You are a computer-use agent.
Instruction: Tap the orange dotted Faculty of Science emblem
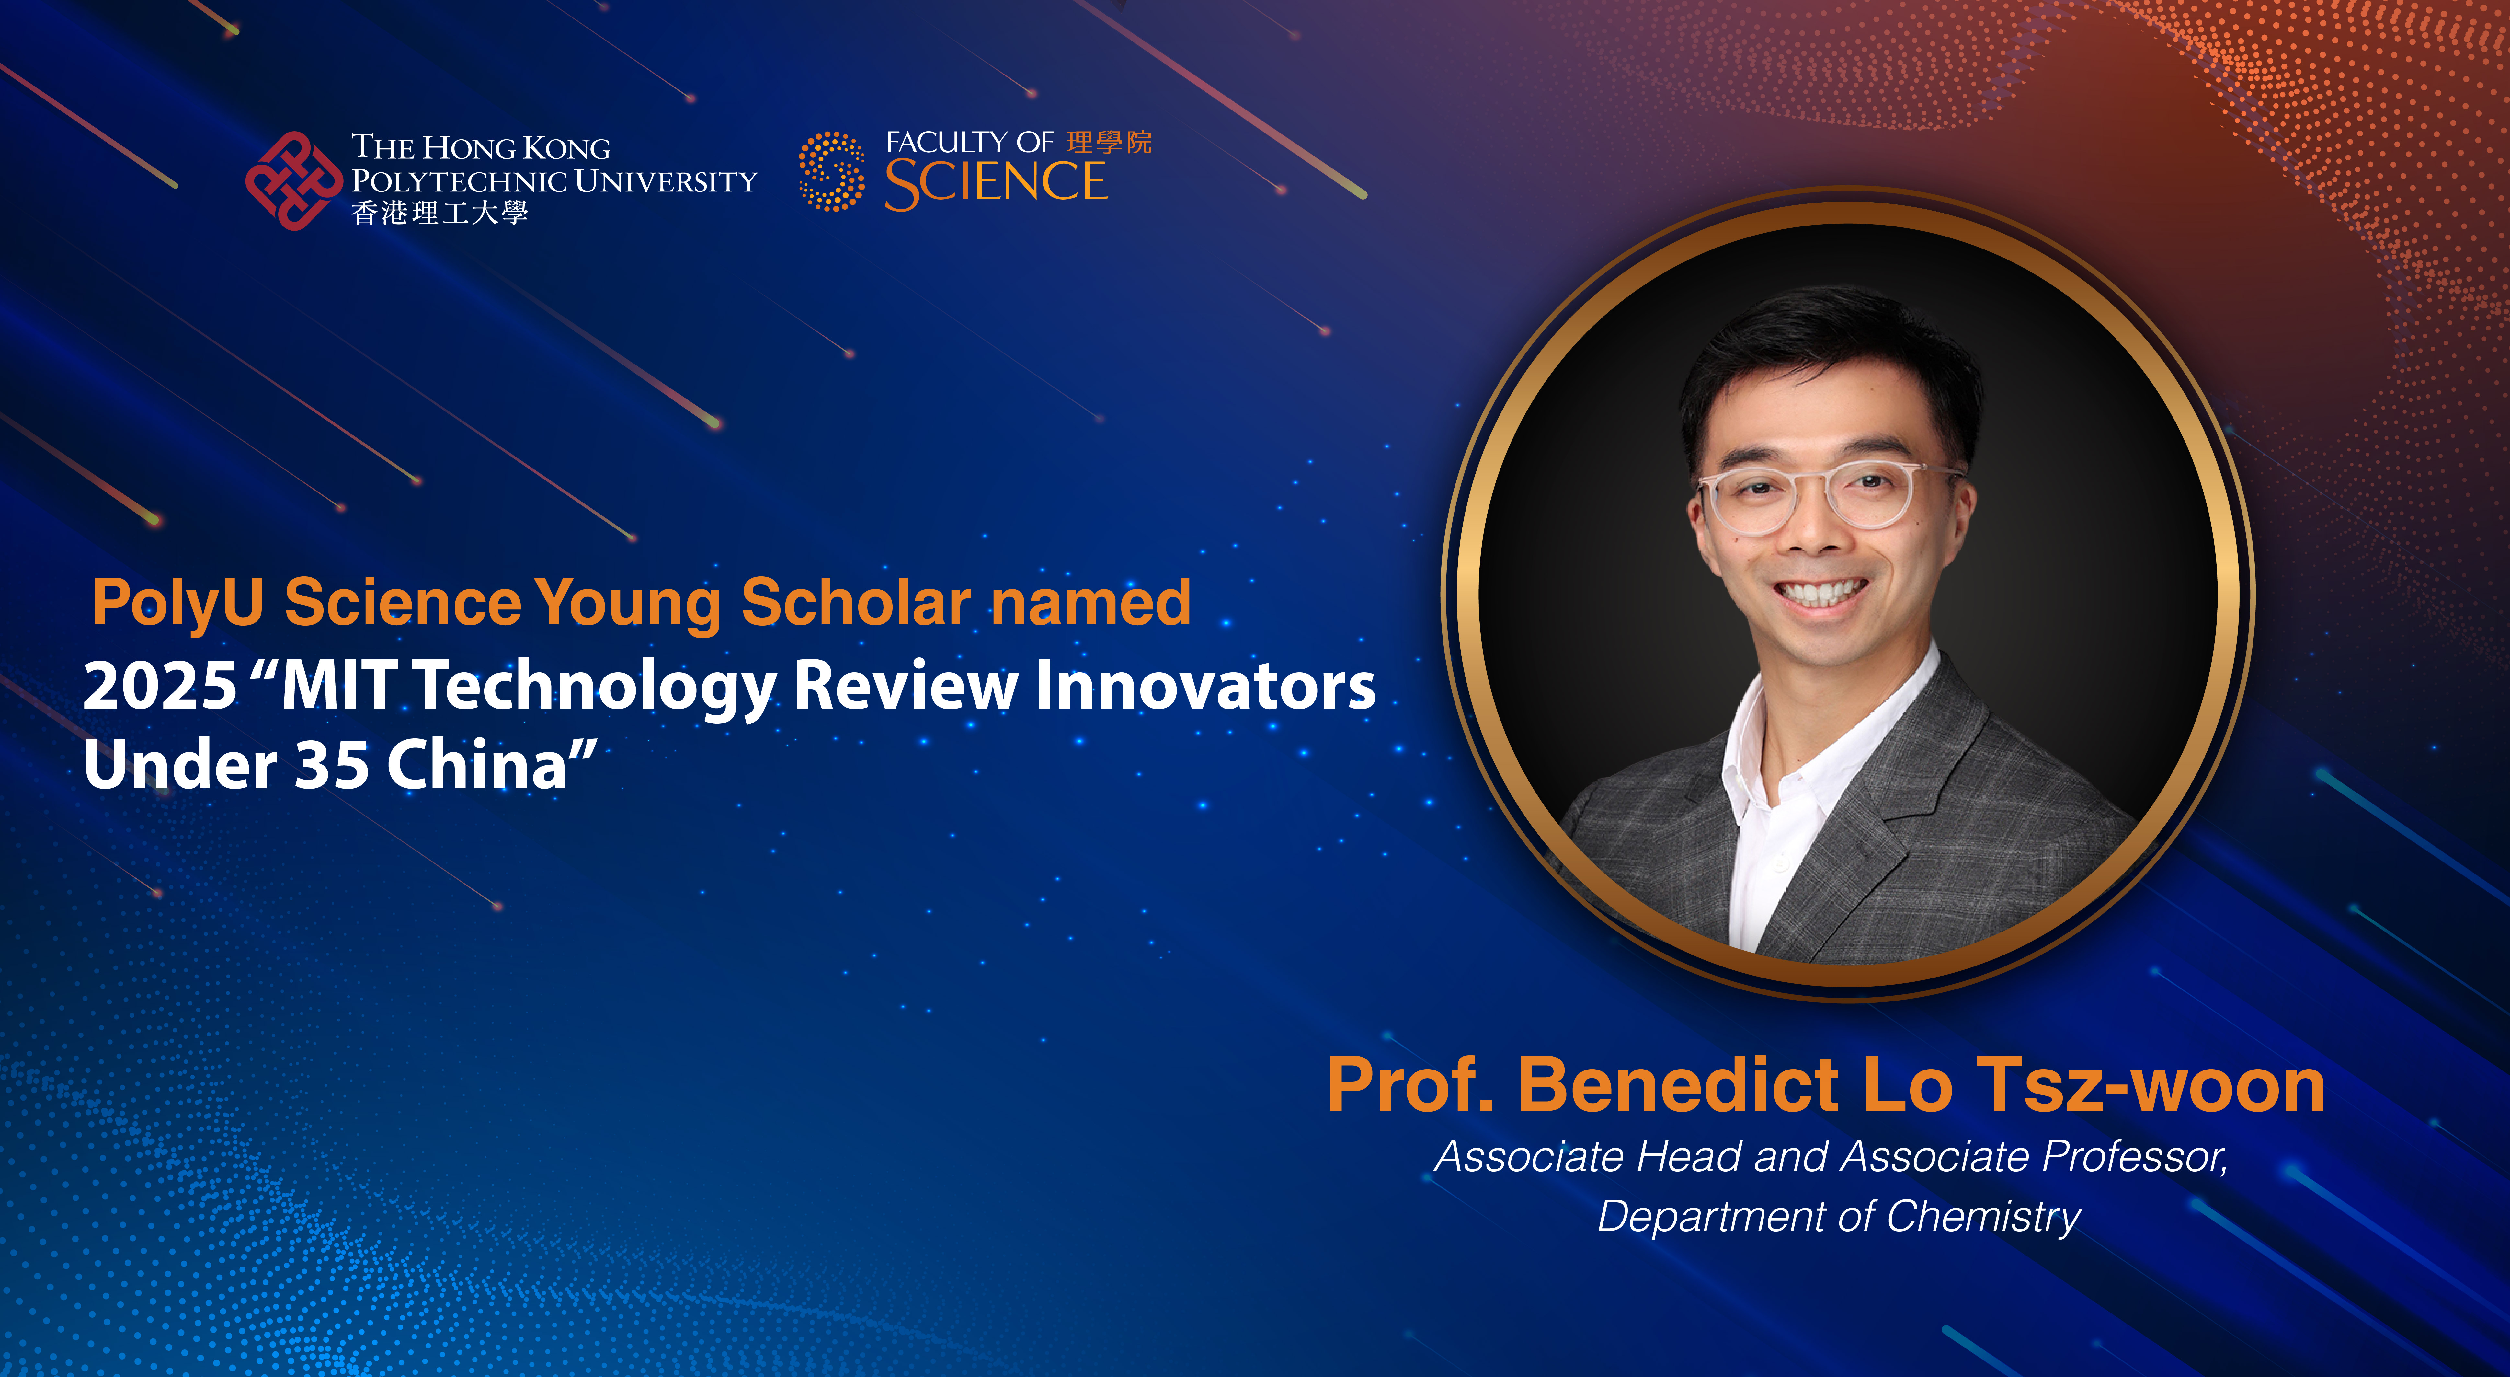point(831,171)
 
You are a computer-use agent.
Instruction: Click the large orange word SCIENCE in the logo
point(996,183)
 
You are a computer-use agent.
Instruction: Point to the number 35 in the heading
point(331,765)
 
